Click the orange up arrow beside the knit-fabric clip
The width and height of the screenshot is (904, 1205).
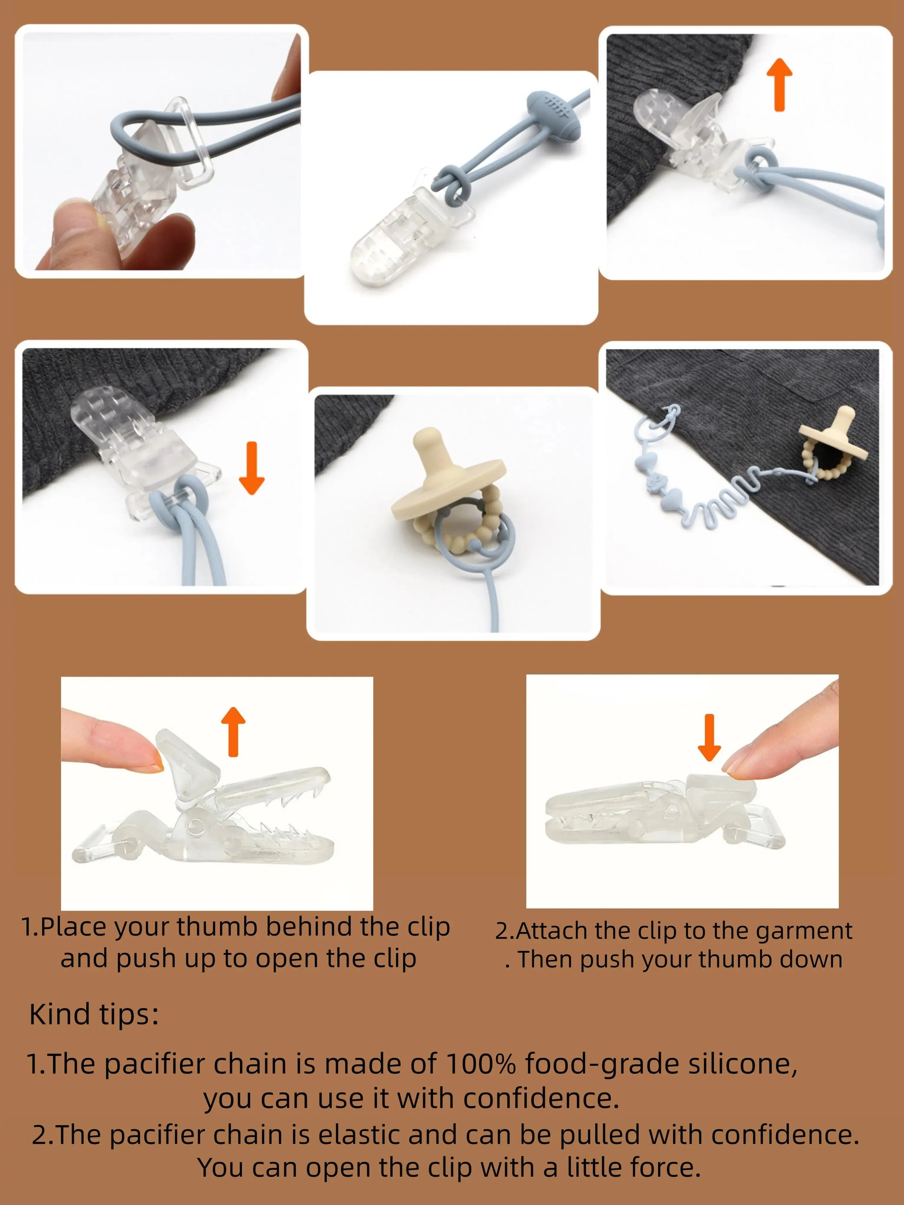[779, 85]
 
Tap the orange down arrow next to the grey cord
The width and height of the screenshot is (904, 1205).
[251, 468]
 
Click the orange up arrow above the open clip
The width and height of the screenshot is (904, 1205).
[233, 732]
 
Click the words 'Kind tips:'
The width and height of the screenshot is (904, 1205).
[94, 1014]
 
